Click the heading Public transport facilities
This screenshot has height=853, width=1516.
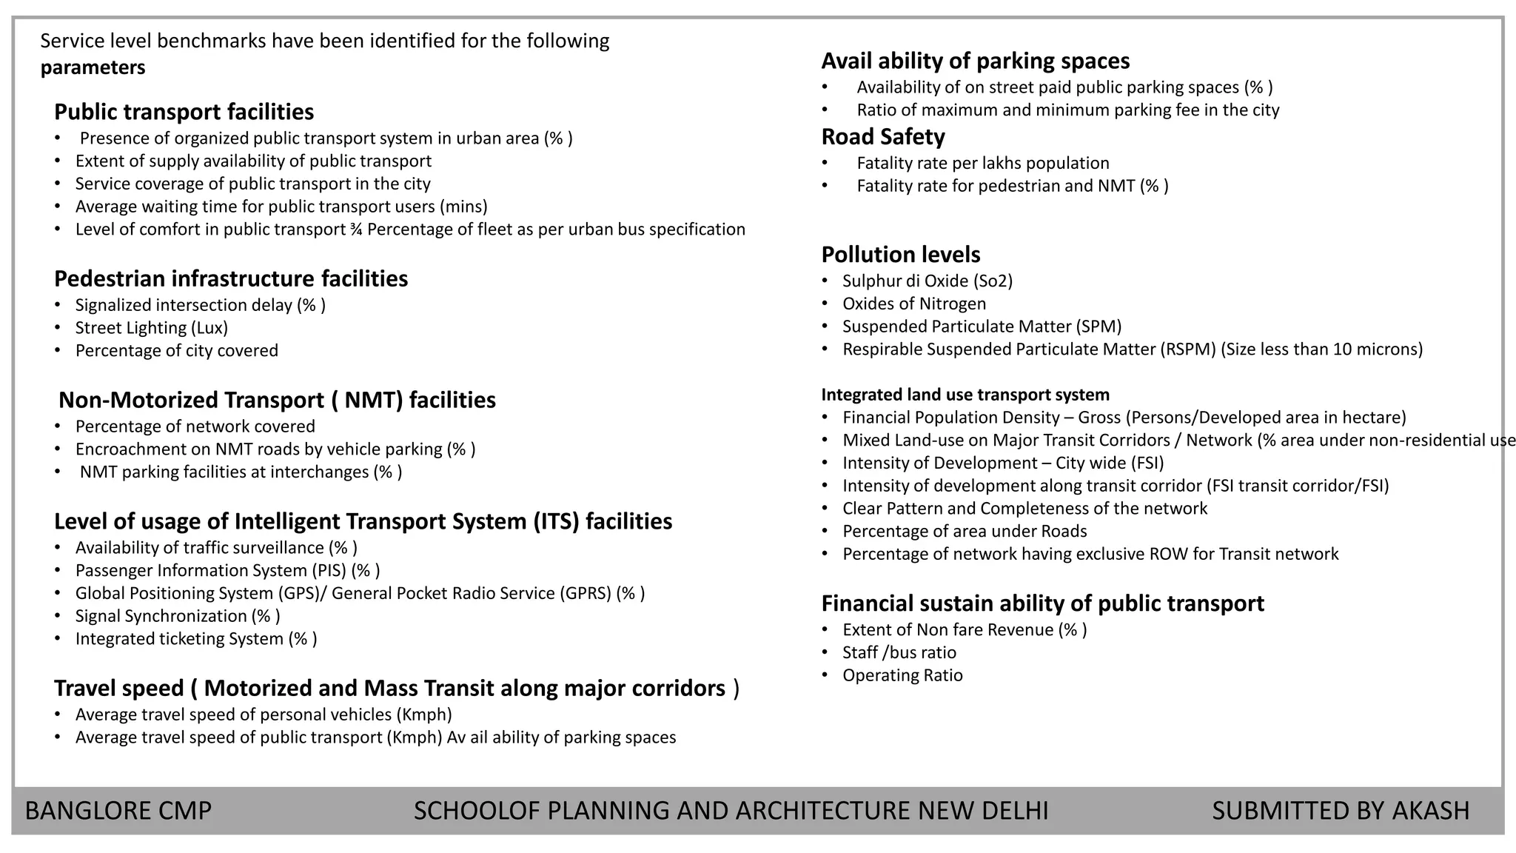click(x=184, y=112)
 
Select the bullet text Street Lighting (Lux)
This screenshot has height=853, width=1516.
click(x=151, y=327)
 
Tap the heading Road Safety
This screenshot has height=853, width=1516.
click(x=882, y=137)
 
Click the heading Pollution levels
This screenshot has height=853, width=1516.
click(x=900, y=255)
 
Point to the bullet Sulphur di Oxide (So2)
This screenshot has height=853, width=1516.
click(x=927, y=281)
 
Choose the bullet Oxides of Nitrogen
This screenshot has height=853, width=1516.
click(x=913, y=304)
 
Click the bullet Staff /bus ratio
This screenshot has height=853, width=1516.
click(x=899, y=652)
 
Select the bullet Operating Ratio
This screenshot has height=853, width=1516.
click(x=902, y=675)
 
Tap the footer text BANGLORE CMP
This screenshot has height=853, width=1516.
click(x=118, y=811)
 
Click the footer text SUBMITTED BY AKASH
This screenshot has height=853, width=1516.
click(x=1340, y=811)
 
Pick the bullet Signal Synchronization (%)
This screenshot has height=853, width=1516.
click(x=177, y=616)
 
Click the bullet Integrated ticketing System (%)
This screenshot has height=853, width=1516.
click(x=195, y=638)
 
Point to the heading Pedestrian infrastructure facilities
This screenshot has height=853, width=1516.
click(x=231, y=278)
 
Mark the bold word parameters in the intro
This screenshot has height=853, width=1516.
click(x=93, y=67)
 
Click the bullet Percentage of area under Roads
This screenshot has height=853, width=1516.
click(x=964, y=531)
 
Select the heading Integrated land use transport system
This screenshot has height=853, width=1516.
click(x=965, y=395)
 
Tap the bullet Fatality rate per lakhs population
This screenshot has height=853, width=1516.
click(x=982, y=163)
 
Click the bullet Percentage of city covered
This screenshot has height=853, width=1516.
click(x=176, y=350)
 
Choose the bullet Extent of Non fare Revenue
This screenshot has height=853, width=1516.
click(x=964, y=629)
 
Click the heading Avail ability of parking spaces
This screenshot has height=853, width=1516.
click(x=975, y=61)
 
